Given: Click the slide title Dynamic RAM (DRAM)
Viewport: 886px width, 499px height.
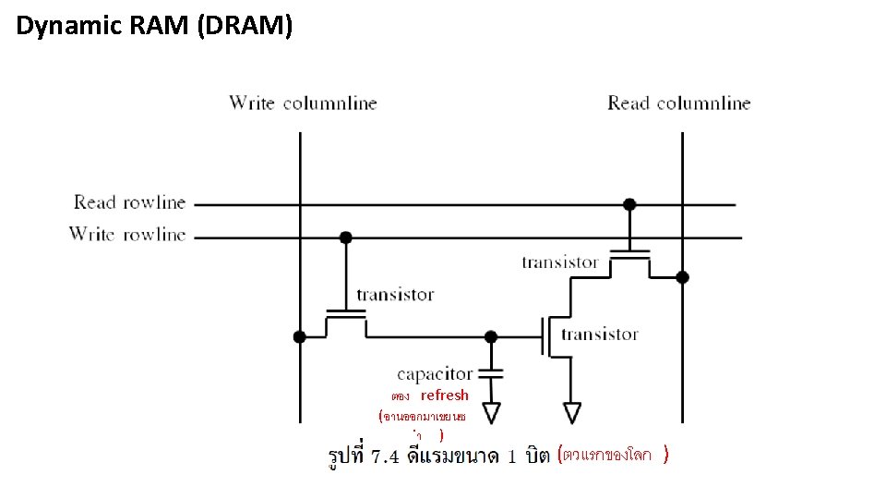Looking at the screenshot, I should [154, 27].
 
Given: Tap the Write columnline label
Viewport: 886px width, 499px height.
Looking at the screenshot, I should [303, 103].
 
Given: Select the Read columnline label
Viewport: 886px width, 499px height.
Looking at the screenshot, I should [678, 103].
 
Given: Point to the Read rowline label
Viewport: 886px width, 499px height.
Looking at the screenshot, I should [129, 202].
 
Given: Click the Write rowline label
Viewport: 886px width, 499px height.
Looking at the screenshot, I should [127, 235].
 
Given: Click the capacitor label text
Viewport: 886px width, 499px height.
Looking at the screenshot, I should [434, 374].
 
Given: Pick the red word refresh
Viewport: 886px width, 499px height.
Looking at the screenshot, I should [445, 396].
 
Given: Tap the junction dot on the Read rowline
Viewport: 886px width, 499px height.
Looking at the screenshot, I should [629, 204].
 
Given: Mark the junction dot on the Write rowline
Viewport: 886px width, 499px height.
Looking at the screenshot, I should [345, 237].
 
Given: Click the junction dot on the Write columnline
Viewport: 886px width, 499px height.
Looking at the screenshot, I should [299, 336].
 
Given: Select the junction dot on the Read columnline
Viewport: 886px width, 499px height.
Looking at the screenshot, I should [682, 276].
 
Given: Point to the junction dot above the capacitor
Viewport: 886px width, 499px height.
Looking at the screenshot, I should [491, 336].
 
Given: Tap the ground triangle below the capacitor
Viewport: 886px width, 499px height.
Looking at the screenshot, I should [491, 412].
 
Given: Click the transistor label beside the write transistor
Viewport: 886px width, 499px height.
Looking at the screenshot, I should [395, 295].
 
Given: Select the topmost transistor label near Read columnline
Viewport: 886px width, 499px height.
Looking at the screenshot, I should [559, 262].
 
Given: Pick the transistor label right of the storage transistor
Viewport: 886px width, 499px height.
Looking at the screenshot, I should [599, 334].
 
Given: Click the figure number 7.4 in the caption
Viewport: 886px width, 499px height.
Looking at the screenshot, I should [383, 456].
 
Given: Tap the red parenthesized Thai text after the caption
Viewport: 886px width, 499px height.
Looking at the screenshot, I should [613, 455].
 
